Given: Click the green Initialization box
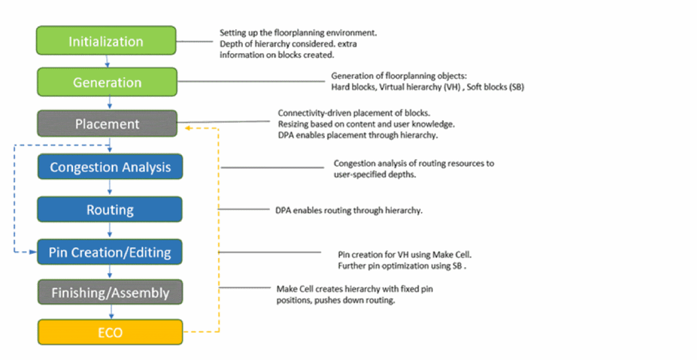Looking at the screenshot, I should [106, 41].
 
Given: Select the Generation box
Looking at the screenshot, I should [107, 82].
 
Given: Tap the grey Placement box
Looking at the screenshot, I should [107, 124].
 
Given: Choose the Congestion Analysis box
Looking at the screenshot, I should [110, 167].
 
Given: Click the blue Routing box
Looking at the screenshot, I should [110, 209].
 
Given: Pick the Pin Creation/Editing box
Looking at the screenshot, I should [110, 252].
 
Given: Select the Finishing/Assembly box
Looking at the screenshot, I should [110, 292].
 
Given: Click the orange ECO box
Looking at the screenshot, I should [110, 332].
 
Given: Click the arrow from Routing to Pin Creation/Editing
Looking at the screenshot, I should [110, 230].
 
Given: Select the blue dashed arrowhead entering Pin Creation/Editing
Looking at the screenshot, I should [33, 252].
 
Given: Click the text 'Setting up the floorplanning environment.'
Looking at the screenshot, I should [299, 33].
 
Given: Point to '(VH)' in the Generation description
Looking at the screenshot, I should [453, 87].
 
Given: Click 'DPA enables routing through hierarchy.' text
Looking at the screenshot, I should [349, 210].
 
